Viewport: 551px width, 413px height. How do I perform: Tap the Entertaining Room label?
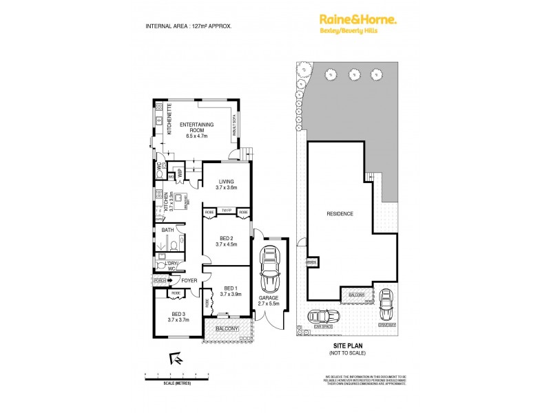198,129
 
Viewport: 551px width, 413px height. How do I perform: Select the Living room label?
227,184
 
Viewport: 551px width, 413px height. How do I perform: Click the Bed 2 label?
227,240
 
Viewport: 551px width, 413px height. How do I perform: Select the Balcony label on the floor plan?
227,330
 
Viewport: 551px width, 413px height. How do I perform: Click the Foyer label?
189,280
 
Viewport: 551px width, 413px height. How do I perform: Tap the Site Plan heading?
347,347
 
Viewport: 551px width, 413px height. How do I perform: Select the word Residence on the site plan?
340,213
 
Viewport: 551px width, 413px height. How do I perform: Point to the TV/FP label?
227,211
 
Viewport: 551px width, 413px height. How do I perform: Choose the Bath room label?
167,230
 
